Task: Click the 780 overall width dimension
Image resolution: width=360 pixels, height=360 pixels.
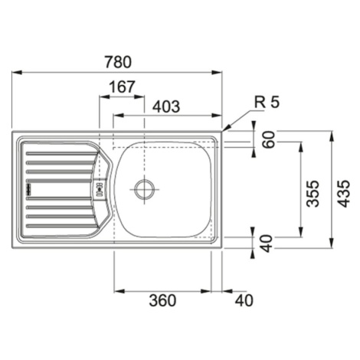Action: click(x=118, y=62)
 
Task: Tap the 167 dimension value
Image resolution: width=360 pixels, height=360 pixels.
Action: click(x=122, y=87)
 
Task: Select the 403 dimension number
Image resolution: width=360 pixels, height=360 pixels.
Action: click(x=166, y=106)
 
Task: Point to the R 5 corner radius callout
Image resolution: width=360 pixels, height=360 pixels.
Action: click(x=267, y=102)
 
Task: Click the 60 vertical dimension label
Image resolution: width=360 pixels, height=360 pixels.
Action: click(x=269, y=139)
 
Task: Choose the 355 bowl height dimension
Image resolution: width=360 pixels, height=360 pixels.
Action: click(x=313, y=194)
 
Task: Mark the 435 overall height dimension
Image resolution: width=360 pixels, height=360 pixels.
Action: click(x=343, y=194)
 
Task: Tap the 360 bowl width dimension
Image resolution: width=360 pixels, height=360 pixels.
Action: click(x=162, y=300)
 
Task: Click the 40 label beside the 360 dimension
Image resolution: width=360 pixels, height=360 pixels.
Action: click(x=244, y=300)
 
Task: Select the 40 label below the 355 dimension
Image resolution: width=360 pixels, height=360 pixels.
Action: click(x=267, y=244)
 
